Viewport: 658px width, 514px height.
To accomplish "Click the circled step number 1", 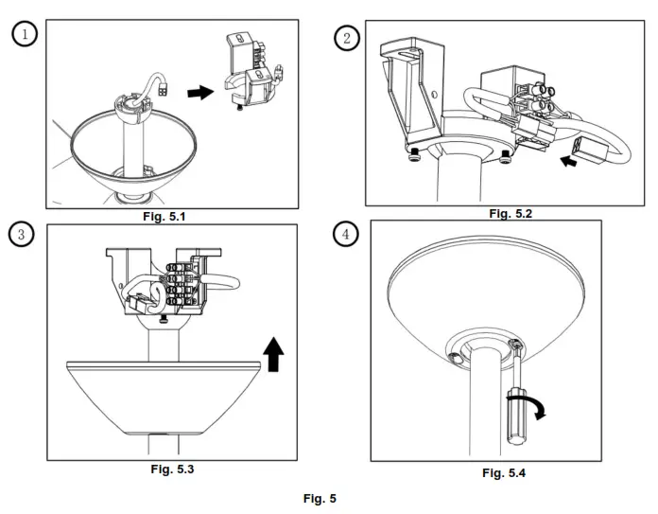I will (x=25, y=33).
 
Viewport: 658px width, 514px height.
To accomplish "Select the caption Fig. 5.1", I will (x=166, y=218).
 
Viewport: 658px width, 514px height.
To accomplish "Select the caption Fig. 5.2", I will (x=511, y=213).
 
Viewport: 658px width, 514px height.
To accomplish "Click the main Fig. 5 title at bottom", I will (x=319, y=498).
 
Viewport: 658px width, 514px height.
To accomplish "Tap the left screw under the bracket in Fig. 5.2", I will (x=412, y=152).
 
